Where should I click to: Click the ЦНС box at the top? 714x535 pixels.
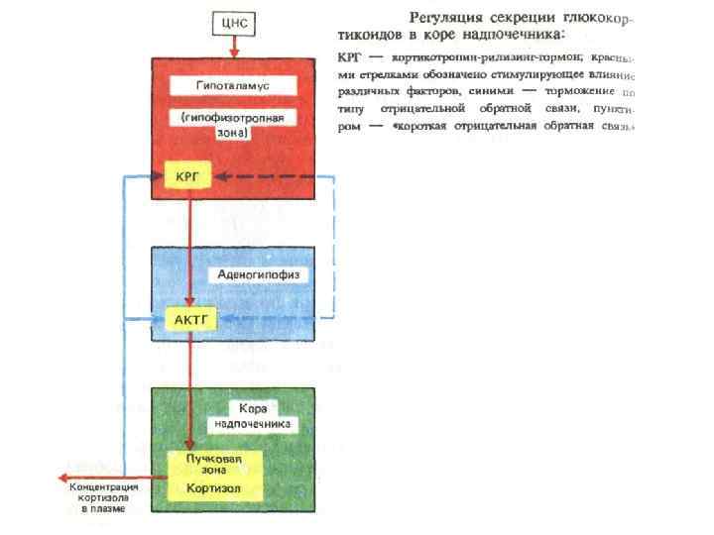click(x=235, y=20)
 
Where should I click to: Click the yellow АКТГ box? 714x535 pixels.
click(x=189, y=319)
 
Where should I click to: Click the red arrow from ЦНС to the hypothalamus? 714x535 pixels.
click(x=235, y=46)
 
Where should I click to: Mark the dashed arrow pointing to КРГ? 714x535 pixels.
click(x=268, y=176)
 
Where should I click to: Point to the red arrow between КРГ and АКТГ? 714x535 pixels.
click(x=188, y=248)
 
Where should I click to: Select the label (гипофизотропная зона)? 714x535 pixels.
click(x=233, y=124)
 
